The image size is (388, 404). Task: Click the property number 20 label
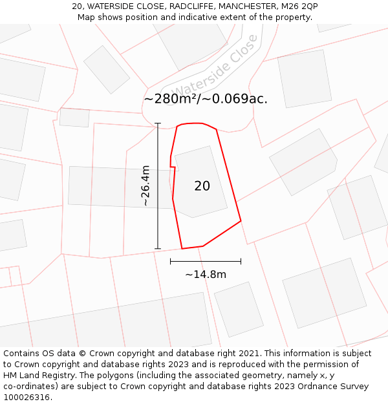point(202,186)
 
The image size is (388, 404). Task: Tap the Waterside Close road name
point(215,72)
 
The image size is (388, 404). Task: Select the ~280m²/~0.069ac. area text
point(206,99)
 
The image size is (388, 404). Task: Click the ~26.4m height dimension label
point(145,186)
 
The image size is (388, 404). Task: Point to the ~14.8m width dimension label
point(206,275)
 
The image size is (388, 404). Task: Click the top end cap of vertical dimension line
point(158,123)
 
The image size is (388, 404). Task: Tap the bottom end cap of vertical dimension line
point(158,249)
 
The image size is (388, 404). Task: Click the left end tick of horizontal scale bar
point(170,261)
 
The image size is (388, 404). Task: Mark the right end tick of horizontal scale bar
point(241,261)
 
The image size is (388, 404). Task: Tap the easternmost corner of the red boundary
point(241,221)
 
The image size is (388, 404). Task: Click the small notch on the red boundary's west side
point(172,167)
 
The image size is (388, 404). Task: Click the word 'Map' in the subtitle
point(87,17)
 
